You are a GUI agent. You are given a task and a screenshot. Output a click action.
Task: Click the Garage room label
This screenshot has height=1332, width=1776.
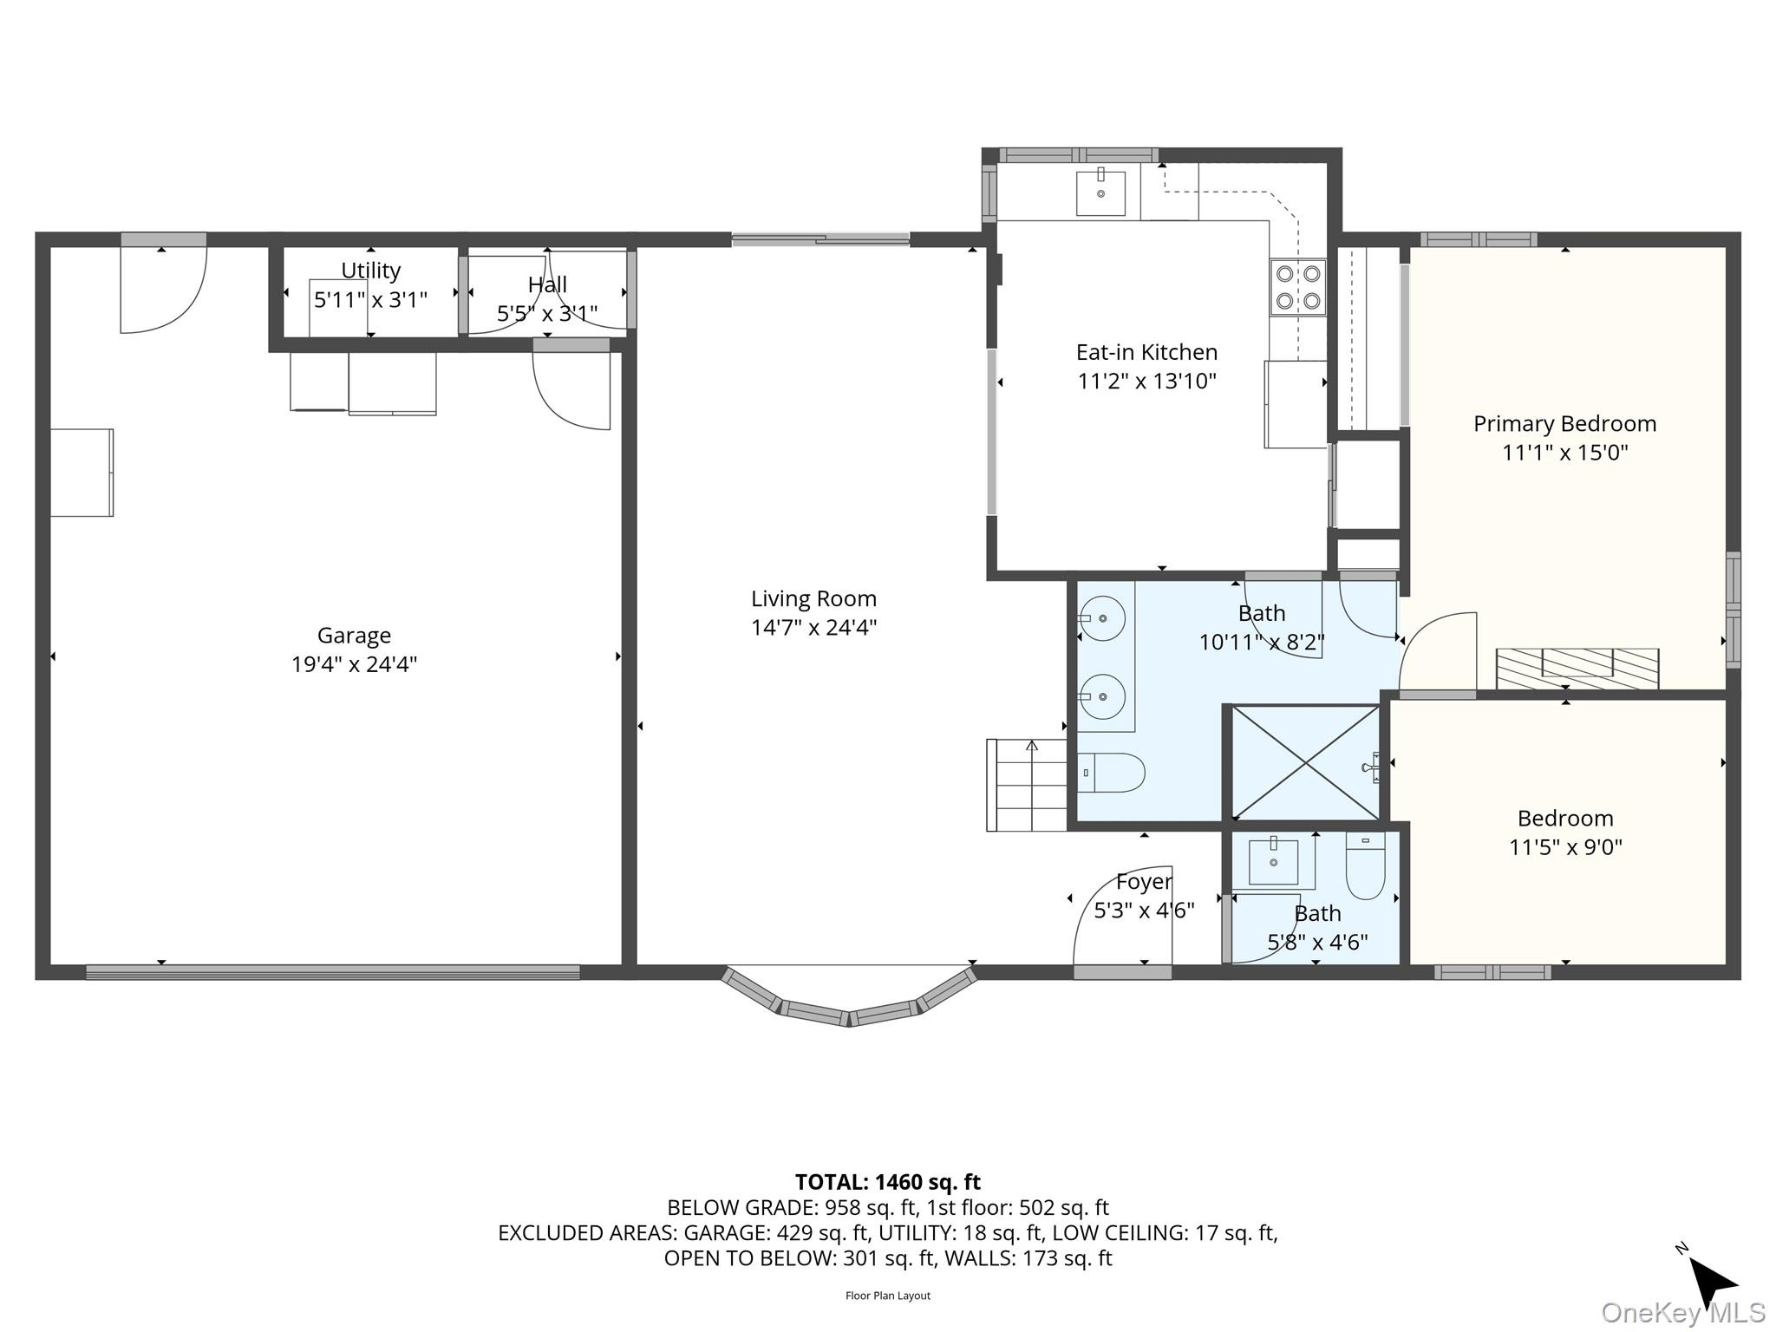point(354,636)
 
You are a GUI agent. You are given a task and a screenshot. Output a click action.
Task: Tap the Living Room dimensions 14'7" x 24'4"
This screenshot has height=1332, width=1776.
point(813,627)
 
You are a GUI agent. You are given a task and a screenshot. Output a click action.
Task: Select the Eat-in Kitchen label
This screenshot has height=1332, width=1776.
point(1146,352)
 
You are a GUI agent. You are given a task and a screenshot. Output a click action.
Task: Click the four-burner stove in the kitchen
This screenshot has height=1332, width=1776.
point(1297,287)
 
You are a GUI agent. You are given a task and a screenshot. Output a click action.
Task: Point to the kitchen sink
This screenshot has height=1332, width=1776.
point(1100,193)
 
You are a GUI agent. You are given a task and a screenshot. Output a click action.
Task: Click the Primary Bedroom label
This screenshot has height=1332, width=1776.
point(1564,424)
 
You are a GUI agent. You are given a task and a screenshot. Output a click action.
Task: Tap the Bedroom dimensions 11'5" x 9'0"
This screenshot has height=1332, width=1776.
point(1564,847)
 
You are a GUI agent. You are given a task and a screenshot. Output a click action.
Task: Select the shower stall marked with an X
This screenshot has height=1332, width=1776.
point(1304,763)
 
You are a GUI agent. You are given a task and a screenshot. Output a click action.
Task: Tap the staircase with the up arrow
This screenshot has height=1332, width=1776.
point(1027,785)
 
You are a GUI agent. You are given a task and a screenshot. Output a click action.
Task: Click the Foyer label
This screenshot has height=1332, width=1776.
point(1144,882)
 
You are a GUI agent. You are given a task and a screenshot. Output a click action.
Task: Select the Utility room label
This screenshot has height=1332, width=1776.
point(370,271)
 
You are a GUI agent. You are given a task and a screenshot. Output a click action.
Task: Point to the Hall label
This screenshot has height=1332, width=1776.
point(547,284)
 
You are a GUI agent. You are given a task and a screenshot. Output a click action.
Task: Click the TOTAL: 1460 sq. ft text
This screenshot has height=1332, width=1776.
point(887,1182)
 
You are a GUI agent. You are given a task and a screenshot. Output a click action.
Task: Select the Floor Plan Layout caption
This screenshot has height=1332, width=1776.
point(887,1296)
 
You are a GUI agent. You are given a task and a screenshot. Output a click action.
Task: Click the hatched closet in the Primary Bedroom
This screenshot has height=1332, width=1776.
point(1577,669)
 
